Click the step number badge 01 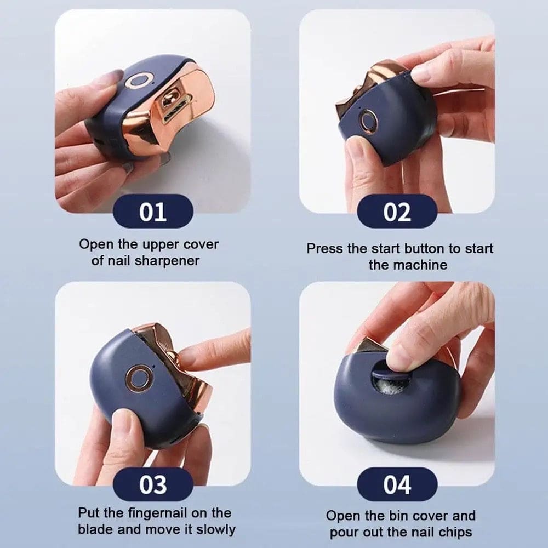coord(152,211)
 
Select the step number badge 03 coord(152,484)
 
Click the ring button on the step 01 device coord(135,82)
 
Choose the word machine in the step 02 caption coord(423,265)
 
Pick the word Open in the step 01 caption coord(95,244)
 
